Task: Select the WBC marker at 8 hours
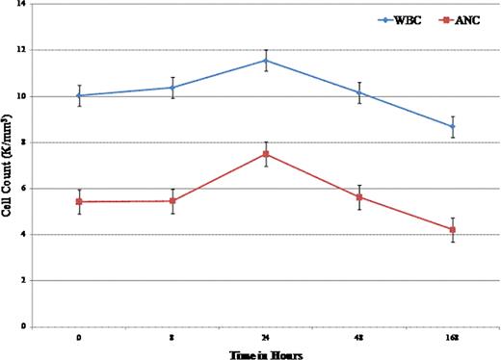pos(171,88)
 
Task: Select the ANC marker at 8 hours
pos(171,201)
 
